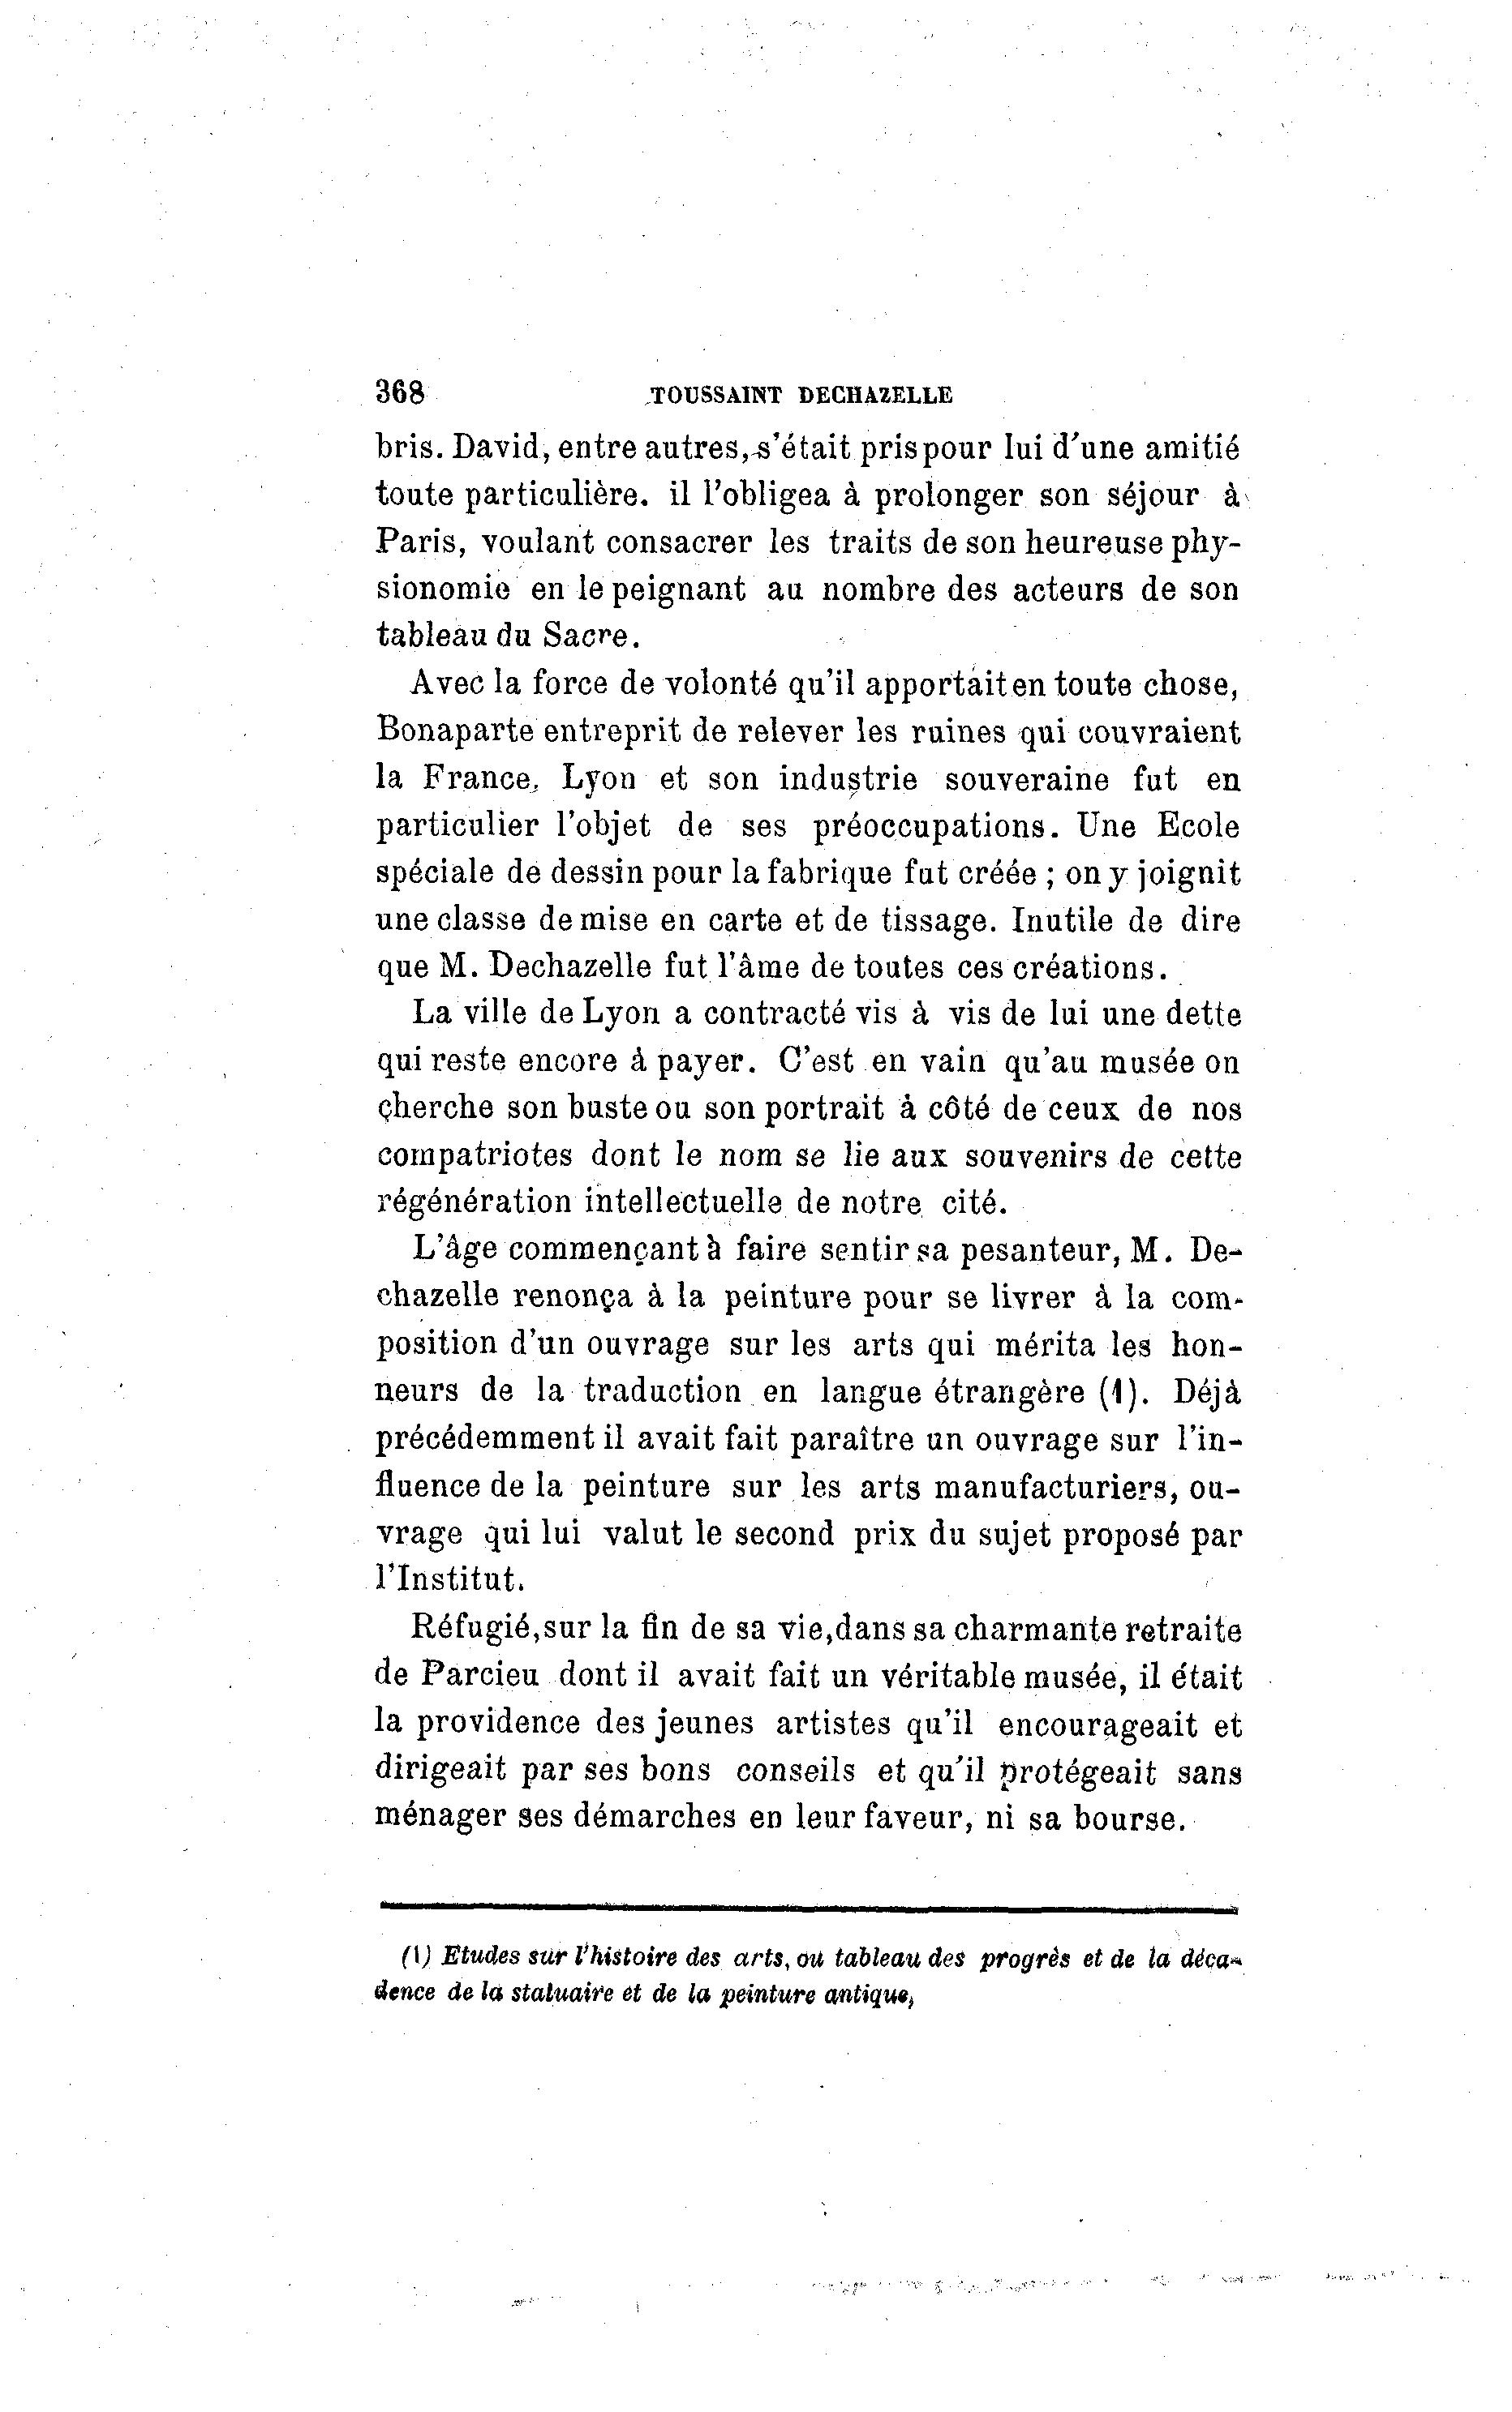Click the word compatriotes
(475, 1156)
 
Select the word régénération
(474, 1202)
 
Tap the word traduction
(663, 1391)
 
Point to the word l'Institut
(448, 1580)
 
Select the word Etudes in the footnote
(476, 1958)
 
